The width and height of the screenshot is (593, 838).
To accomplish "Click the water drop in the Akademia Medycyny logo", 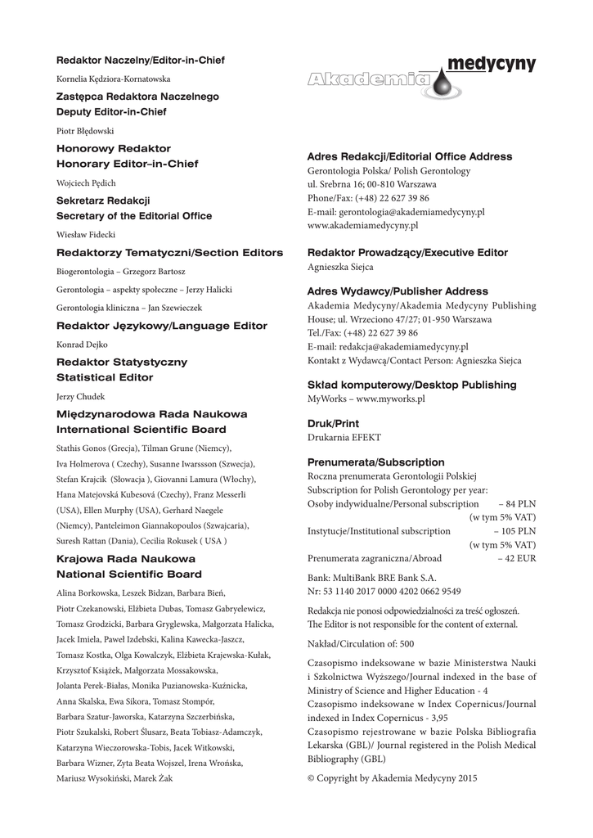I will click(443, 81).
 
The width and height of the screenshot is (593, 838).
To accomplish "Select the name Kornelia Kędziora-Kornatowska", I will click(113, 79).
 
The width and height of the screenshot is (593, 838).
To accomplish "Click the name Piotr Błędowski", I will click(85, 130).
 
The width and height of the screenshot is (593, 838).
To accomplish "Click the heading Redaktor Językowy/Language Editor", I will click(161, 326).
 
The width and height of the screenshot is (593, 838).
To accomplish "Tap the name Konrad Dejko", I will click(82, 345).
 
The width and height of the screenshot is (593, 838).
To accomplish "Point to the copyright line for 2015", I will click(391, 778).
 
